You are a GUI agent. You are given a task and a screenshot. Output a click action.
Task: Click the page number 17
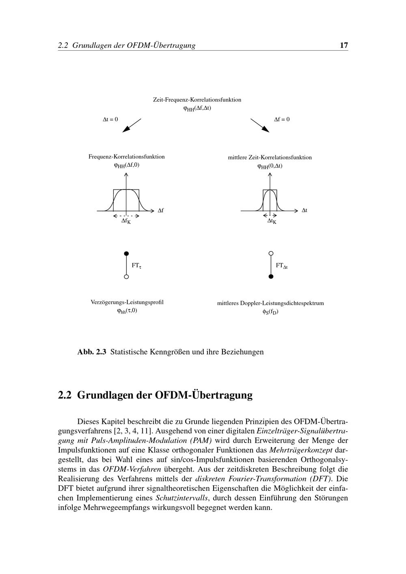tap(343, 45)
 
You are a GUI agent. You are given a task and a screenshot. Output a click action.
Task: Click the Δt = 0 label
tap(110, 119)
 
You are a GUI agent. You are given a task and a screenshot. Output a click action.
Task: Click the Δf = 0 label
tap(282, 119)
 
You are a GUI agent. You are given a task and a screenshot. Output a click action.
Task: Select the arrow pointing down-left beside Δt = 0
tap(132, 125)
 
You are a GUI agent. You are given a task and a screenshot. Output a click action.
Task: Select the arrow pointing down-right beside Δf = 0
tap(260, 125)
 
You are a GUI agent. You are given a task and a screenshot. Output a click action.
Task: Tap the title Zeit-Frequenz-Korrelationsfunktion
tap(197, 99)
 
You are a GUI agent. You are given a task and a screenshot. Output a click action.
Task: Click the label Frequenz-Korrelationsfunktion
tap(127, 157)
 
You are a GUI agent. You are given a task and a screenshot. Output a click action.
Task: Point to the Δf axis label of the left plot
tap(160, 211)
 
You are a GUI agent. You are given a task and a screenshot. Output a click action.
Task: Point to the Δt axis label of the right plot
tap(304, 211)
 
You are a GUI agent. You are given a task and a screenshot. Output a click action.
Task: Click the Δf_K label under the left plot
tap(126, 221)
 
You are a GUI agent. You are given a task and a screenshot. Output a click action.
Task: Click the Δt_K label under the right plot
tap(272, 221)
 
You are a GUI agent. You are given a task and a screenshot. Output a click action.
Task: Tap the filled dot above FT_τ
tap(126, 254)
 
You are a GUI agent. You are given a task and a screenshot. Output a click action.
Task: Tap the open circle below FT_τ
tap(126, 277)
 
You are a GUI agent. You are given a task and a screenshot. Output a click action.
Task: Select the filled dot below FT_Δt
tap(271, 277)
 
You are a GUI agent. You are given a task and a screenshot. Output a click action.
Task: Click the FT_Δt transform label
tap(281, 266)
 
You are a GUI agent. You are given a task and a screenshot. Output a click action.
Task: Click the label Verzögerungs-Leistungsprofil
tap(127, 302)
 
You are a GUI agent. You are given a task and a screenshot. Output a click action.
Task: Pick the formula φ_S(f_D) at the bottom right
tap(270, 312)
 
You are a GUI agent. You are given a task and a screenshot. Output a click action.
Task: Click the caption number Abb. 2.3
tap(92, 352)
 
